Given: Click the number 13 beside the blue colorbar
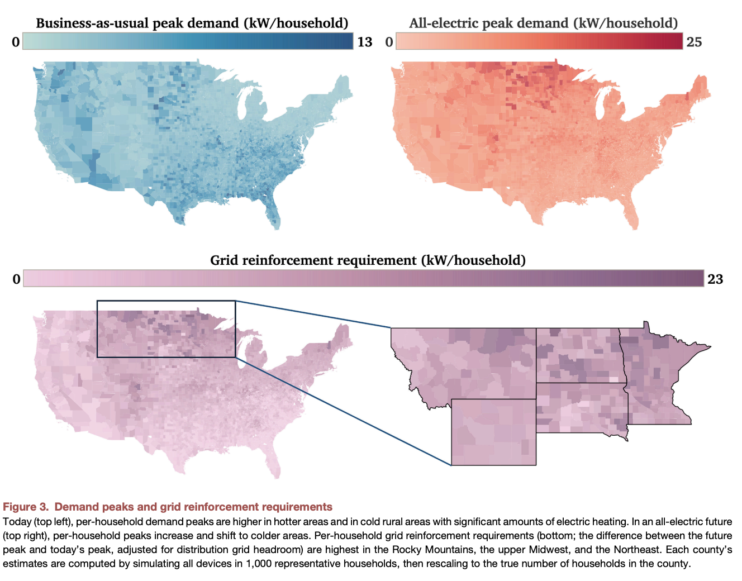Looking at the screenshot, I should [364, 42].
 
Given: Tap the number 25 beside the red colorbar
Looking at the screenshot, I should [694, 42].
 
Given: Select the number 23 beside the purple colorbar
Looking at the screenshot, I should [715, 279].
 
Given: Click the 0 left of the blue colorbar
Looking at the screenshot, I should [16, 42].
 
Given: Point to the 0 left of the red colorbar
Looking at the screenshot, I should [389, 42].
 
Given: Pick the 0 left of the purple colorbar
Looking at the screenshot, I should [16, 279].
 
